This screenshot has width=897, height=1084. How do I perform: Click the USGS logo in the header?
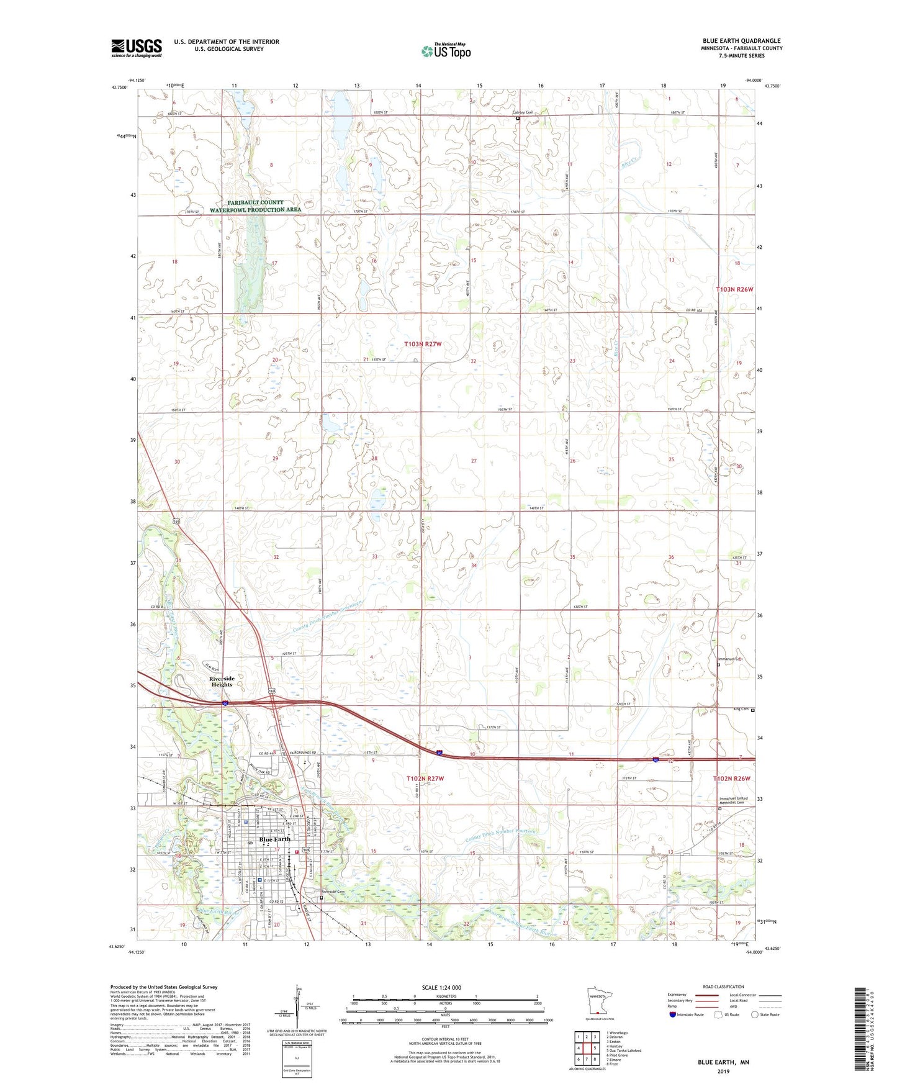click(x=137, y=47)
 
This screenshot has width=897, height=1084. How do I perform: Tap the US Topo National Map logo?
click(x=446, y=50)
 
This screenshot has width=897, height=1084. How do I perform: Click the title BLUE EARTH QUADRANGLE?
click(x=742, y=41)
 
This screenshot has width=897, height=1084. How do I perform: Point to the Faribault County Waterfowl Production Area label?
click(x=255, y=206)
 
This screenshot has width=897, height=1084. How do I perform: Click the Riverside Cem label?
click(x=332, y=892)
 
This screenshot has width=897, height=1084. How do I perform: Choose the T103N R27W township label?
click(x=425, y=344)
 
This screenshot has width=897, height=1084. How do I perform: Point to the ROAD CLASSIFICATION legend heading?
click(x=723, y=987)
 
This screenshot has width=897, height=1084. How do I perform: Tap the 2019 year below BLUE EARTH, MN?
click(x=723, y=1071)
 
